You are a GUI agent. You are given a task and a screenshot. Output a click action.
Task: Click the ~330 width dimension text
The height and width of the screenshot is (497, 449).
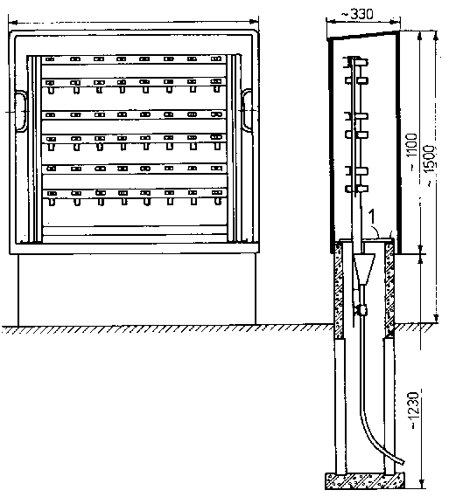coord(357,14)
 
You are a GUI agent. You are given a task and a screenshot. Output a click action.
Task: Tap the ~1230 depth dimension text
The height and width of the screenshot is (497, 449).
coord(415,411)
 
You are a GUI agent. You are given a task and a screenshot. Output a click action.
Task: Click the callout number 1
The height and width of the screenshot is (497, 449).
coord(371,217)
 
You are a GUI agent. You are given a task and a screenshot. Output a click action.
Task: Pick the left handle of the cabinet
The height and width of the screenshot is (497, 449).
coord(20,111)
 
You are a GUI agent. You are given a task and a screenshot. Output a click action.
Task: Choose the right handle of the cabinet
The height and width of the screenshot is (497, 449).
coord(247,110)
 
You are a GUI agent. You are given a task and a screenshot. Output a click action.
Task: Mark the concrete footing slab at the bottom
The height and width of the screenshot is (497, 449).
coord(364,480)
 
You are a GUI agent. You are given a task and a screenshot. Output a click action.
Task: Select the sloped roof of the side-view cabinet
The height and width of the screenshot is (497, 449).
coord(362,35)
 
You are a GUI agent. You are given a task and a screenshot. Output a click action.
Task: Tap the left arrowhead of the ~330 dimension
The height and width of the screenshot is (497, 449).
coord(331,22)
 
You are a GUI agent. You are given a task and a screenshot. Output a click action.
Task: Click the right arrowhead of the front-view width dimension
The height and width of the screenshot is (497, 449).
coord(255,22)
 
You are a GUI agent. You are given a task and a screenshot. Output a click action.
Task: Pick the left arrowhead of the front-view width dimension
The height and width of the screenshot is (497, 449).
coord(13,23)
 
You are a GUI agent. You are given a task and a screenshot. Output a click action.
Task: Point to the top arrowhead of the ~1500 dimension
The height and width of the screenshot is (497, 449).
coord(436,36)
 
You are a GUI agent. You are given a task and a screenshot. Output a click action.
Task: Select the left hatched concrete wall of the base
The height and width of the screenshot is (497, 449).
coord(339,289)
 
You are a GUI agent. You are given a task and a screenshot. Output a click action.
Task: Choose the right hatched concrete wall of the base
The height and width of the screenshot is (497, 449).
coord(389,287)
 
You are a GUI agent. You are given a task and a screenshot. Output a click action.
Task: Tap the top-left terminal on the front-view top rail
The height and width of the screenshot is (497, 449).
coord(50,59)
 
